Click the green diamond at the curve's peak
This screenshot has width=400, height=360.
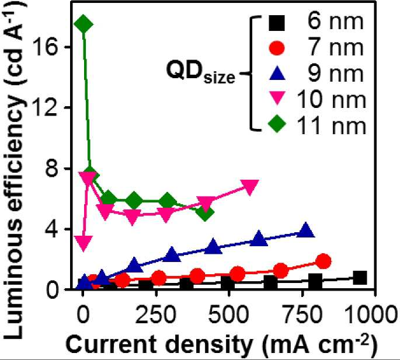click(x=83, y=24)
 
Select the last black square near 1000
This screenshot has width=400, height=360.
click(x=360, y=277)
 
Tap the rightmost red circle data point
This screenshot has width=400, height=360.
click(x=324, y=261)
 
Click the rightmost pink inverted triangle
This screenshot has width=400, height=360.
click(x=250, y=187)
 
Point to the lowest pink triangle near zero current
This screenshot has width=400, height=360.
click(x=84, y=243)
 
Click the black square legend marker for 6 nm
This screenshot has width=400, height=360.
click(x=277, y=23)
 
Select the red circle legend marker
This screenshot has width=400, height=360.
click(x=277, y=48)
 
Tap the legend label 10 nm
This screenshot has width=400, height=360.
click(x=332, y=100)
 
